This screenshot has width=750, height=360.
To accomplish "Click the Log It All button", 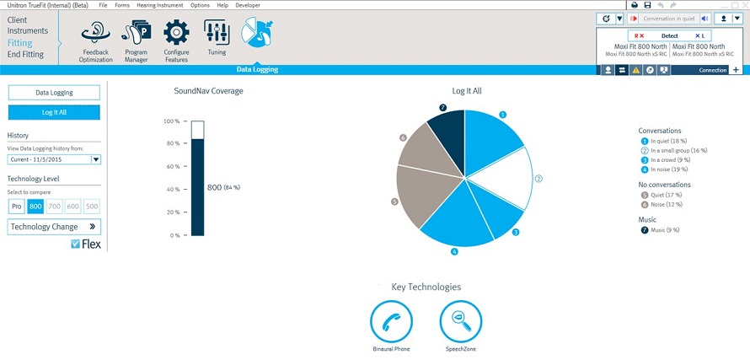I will pos(54,113).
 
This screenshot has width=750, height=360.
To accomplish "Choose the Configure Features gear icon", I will pos(176,34).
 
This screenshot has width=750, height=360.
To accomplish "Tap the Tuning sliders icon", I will pos(216,34).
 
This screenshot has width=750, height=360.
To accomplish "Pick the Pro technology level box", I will pos(16,206).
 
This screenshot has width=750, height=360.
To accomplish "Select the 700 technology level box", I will pos(54,206).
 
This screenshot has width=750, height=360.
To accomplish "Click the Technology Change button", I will pos(54,227).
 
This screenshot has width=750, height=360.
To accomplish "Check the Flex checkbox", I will pos(76,244).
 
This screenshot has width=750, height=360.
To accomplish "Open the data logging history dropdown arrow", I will pos(96,159).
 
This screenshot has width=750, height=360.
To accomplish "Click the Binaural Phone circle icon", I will pos(391,321).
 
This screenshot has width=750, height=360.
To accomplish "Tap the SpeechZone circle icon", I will pos(461,321).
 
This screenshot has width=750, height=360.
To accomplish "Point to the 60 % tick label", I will pos(172,167).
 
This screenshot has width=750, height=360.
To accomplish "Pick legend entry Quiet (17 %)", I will pos(667,195).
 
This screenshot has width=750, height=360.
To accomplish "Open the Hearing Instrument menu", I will pos(161,5).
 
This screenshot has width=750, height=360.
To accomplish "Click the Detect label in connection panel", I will pos(669,35).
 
